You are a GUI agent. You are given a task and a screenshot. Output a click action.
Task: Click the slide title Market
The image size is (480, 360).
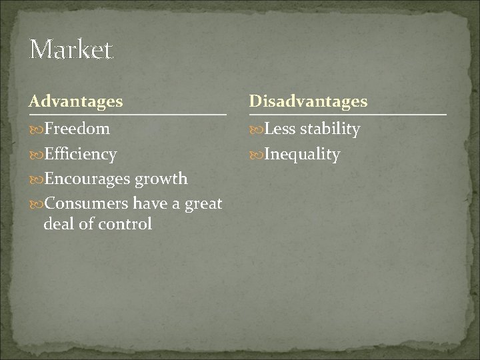coord(71,50)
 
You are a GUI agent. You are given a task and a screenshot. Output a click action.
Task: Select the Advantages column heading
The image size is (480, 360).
coord(75,101)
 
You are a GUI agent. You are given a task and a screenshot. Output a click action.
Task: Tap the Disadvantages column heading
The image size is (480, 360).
coord(307,101)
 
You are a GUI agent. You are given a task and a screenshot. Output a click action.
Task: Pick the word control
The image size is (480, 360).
coord(126,223)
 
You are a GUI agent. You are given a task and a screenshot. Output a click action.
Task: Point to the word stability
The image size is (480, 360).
coord(329,129)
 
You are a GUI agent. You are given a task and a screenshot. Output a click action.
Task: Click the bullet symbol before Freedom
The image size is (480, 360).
coord(35,129)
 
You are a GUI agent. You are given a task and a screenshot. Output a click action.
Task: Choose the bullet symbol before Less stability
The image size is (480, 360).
coord(256,129)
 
